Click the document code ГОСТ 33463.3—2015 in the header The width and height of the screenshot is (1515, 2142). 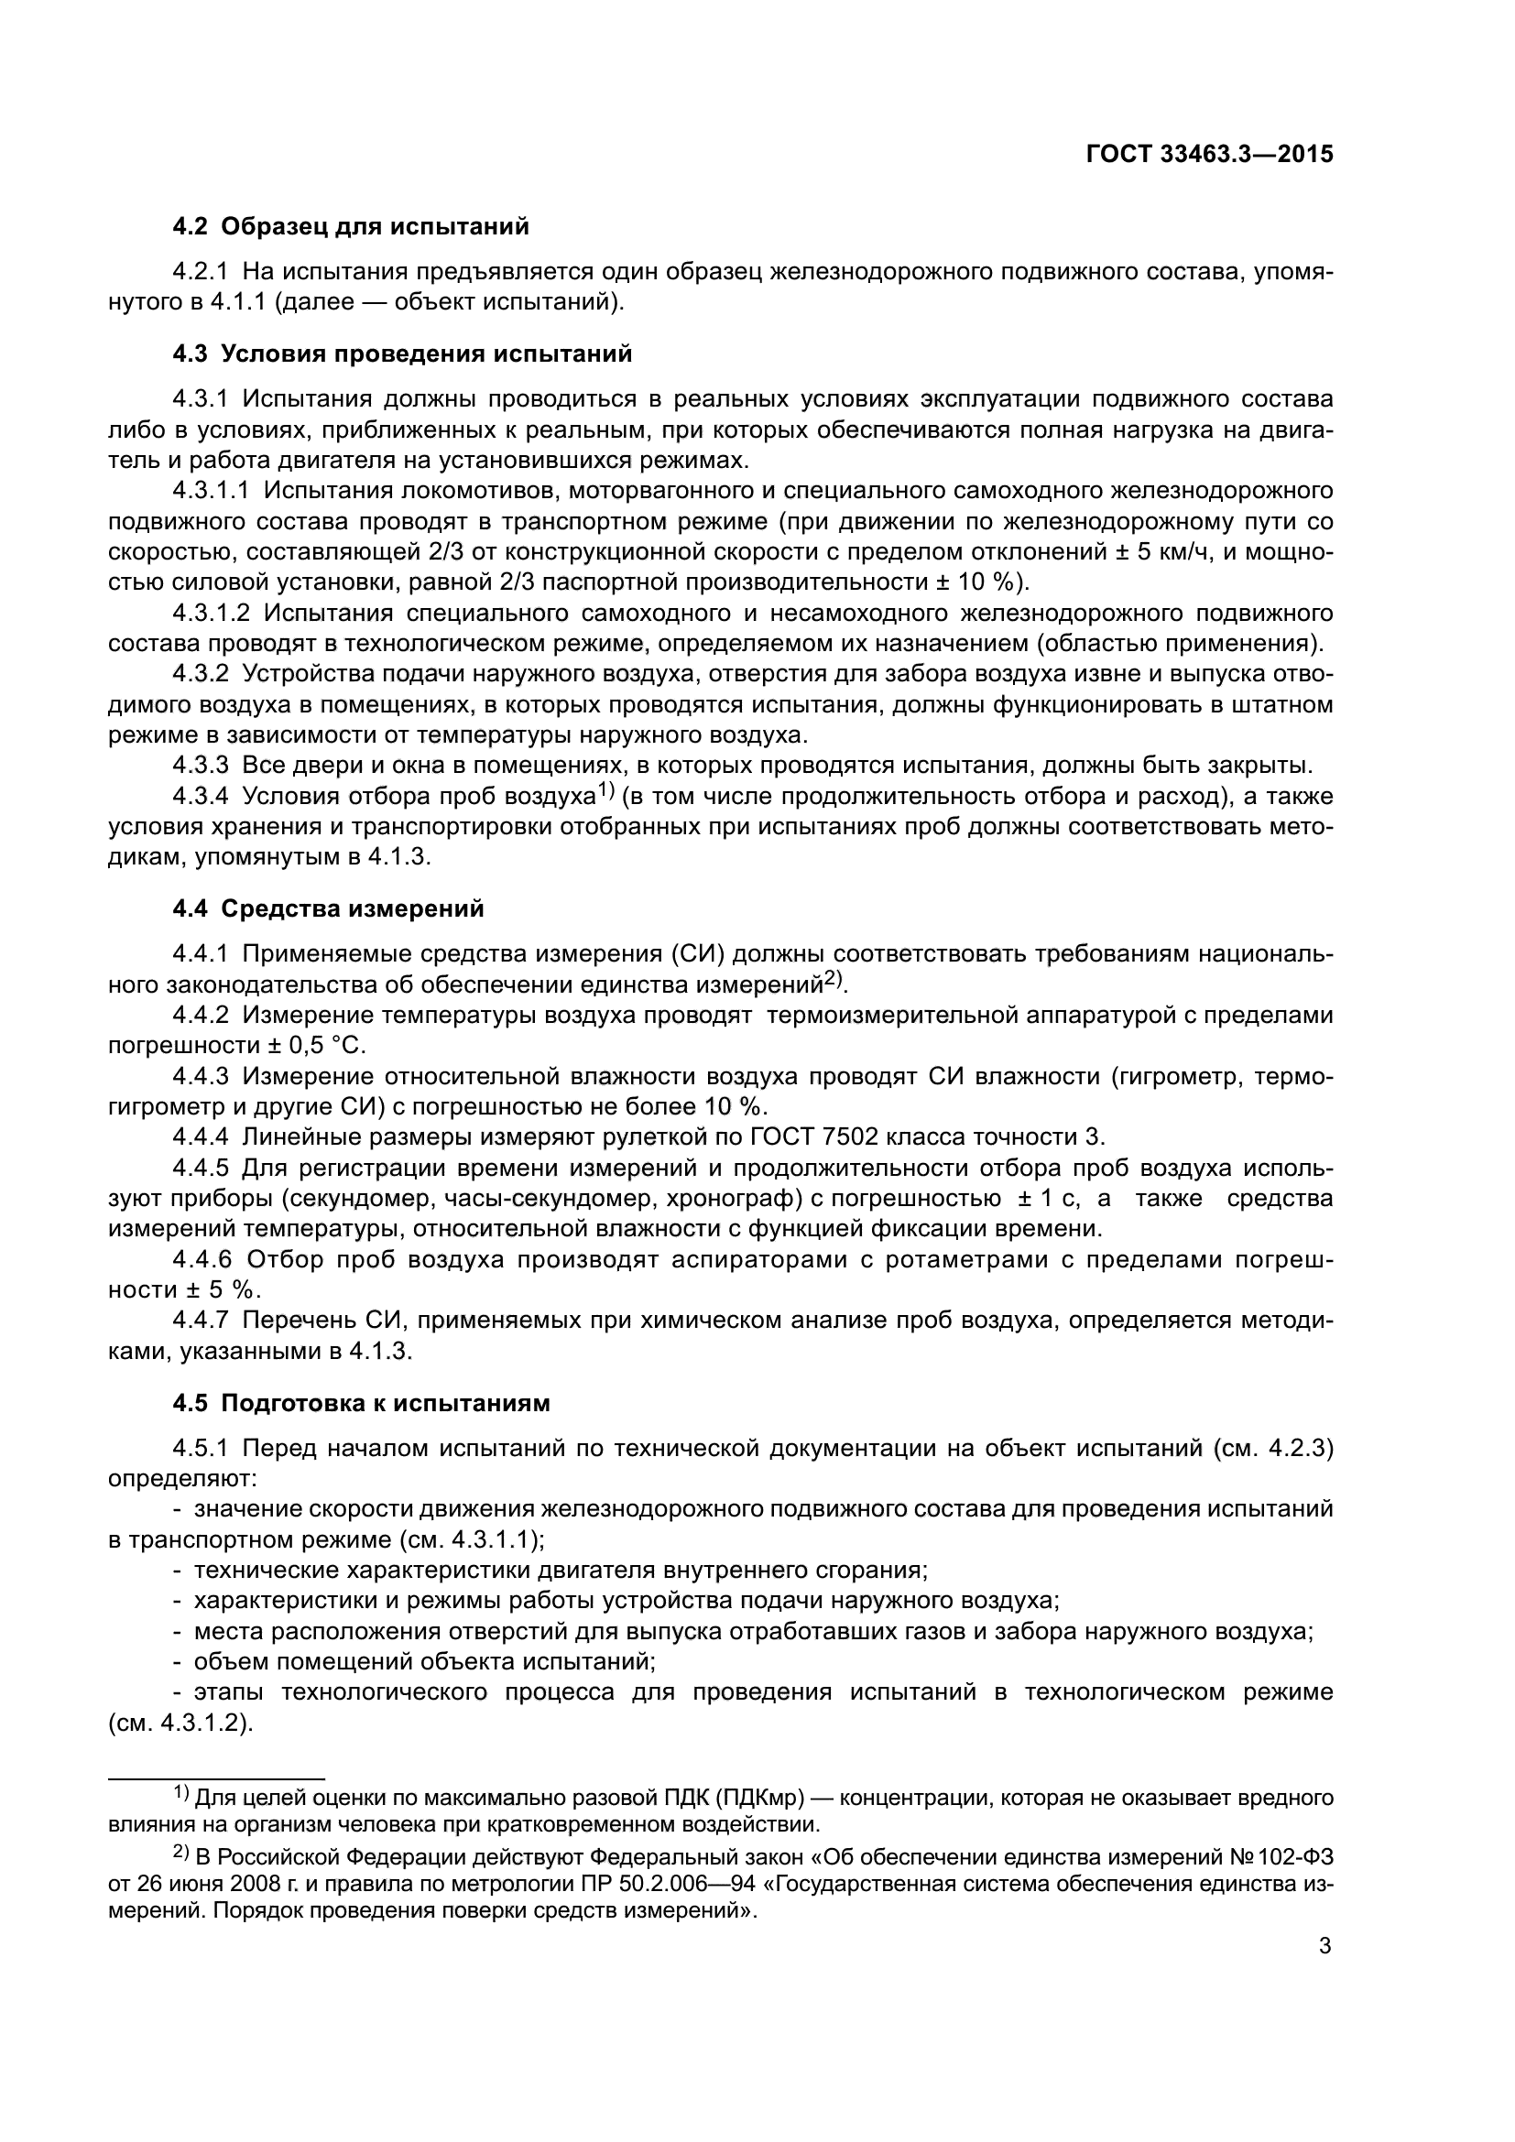click(1209, 154)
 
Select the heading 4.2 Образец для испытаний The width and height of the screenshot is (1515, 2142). click(350, 227)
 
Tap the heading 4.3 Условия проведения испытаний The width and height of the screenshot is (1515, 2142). click(401, 353)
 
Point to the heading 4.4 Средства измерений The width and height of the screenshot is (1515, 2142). click(329, 908)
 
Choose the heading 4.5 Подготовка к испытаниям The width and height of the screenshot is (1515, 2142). click(361, 1403)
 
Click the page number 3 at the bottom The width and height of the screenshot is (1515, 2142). click(1324, 1946)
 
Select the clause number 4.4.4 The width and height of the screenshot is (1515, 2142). click(200, 1137)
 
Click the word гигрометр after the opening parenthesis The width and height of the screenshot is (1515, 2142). click(1179, 1077)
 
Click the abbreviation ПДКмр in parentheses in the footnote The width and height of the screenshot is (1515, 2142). click(760, 1798)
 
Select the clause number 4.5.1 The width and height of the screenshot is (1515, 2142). click(200, 1449)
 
